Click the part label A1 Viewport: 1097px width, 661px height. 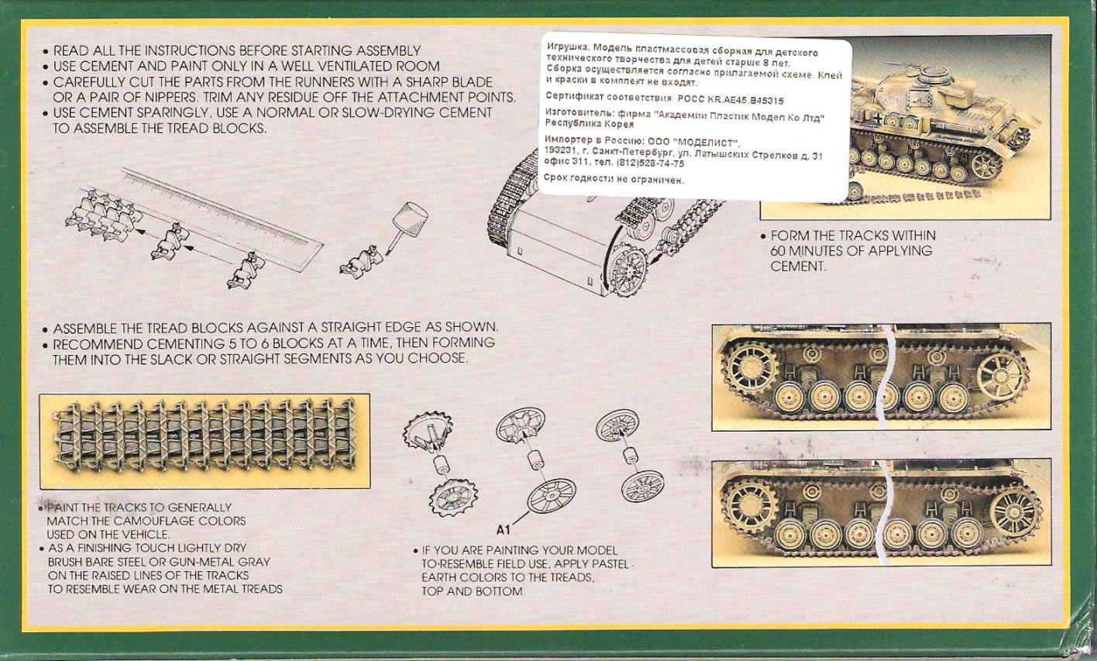(x=503, y=530)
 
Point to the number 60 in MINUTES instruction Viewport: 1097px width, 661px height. (x=779, y=251)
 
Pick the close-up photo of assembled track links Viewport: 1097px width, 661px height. (x=205, y=441)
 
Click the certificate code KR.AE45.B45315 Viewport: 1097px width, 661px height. (x=742, y=100)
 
